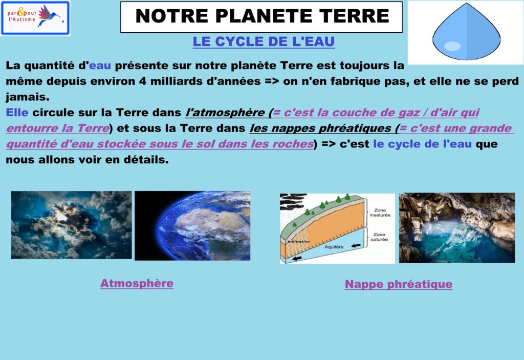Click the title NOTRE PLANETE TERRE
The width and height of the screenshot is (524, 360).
[x=263, y=16]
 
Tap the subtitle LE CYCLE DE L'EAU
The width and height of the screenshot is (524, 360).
[x=264, y=42]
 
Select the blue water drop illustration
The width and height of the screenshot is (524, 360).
[x=467, y=31]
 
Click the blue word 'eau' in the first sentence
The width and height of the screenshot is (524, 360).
[x=100, y=65]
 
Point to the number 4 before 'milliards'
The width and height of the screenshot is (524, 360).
[x=143, y=81]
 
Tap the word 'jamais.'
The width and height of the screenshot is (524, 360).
[x=28, y=97]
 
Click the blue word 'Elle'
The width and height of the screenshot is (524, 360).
[x=17, y=113]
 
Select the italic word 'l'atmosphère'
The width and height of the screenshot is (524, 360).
[x=225, y=113]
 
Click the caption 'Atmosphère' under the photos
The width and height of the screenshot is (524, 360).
[x=137, y=283]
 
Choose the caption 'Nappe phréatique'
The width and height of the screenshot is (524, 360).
[x=399, y=284]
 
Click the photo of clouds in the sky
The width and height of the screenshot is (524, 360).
[x=72, y=225]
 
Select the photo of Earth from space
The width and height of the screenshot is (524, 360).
[x=192, y=226]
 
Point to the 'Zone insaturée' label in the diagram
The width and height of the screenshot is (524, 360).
[x=380, y=213]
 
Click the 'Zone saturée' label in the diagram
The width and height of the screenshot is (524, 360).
[x=379, y=237]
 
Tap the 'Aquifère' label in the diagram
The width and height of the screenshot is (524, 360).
[x=334, y=247]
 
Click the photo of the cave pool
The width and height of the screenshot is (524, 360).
[x=457, y=228]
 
